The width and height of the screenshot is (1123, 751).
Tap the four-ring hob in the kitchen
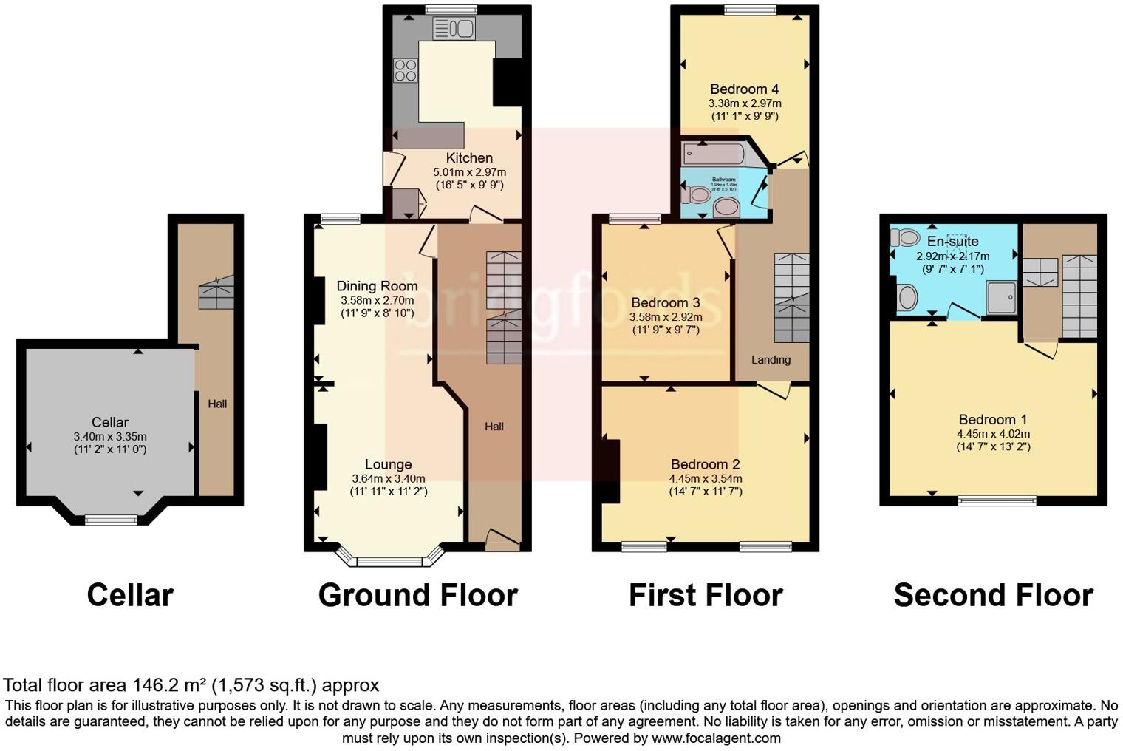point(405,70)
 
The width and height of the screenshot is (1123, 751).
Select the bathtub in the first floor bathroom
point(714,154)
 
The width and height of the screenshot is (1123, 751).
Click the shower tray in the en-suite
point(1003,298)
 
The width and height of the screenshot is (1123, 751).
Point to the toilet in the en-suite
point(905,237)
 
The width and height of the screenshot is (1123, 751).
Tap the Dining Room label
point(377,286)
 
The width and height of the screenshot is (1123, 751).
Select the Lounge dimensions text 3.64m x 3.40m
point(388,478)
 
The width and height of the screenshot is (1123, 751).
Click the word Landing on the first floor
point(771,360)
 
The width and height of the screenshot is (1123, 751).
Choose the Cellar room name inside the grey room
point(110,422)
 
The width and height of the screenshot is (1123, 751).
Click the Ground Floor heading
point(417,595)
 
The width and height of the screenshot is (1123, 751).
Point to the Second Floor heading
point(993,595)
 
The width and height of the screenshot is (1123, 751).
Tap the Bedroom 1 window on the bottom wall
point(997,501)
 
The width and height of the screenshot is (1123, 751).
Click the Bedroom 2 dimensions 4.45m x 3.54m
point(705,478)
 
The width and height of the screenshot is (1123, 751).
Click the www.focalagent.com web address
point(716,738)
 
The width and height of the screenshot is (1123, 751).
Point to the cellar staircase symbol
point(216,293)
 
